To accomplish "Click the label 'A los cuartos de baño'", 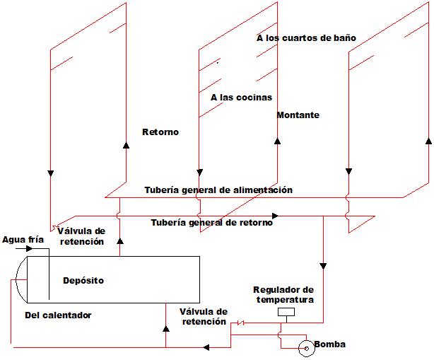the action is tap(306, 37).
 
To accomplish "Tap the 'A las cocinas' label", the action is tap(241, 98).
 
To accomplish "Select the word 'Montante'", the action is tap(298, 115).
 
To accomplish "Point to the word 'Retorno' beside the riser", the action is tap(160, 132).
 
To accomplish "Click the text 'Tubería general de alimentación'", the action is tap(218, 190).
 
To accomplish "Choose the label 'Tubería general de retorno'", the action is tap(212, 223).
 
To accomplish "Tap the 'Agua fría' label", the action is tap(23, 240).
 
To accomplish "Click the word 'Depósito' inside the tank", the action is tap(83, 280).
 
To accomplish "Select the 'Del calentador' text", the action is tap(58, 315).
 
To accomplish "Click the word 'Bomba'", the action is tap(329, 344).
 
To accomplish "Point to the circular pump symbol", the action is tap(306, 347).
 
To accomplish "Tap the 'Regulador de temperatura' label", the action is tap(284, 295).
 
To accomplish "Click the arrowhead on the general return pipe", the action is tap(275, 216).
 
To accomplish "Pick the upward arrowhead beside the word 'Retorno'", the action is tap(126, 144).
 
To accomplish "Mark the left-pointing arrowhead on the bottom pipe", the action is tap(206, 347).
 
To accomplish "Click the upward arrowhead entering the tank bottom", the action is tap(165, 329).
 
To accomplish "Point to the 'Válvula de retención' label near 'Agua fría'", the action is tap(81, 236).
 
